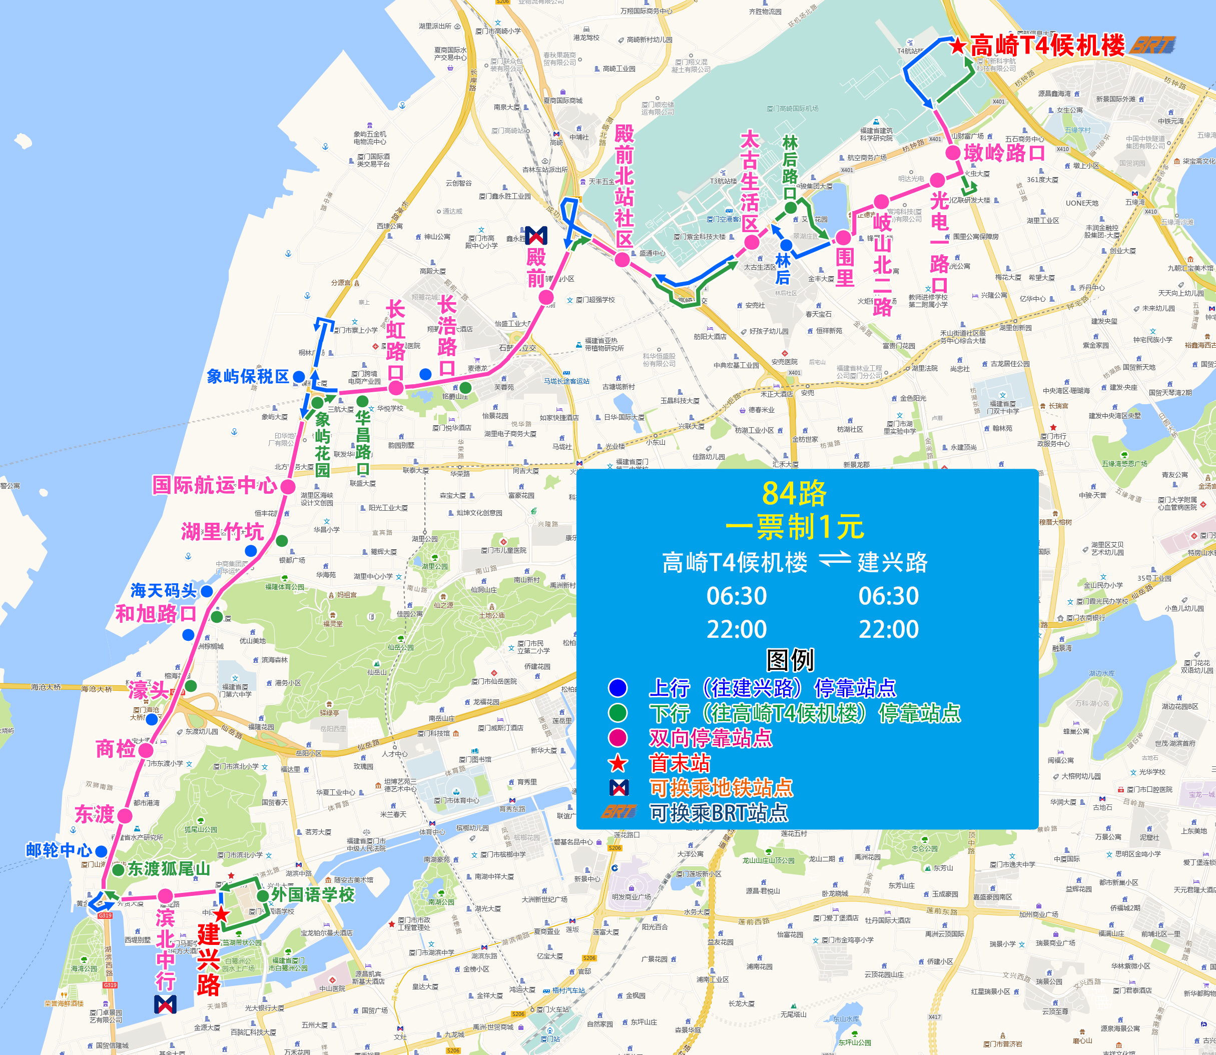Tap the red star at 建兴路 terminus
click(x=221, y=914)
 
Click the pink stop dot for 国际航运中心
click(x=288, y=486)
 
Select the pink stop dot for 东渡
click(x=125, y=815)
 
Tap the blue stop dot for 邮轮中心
click(x=101, y=851)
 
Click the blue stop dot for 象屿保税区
click(x=299, y=377)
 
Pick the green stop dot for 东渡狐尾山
click(x=119, y=869)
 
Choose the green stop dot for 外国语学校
click(x=263, y=895)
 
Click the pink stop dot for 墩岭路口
click(x=953, y=153)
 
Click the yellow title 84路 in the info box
click(x=794, y=493)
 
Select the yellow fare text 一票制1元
click(x=794, y=527)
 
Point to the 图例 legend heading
click(x=790, y=660)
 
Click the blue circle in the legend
click(x=618, y=688)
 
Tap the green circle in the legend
click(x=618, y=713)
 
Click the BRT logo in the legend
click(x=619, y=812)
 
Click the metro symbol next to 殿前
click(x=536, y=236)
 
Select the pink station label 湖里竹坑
click(x=222, y=532)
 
